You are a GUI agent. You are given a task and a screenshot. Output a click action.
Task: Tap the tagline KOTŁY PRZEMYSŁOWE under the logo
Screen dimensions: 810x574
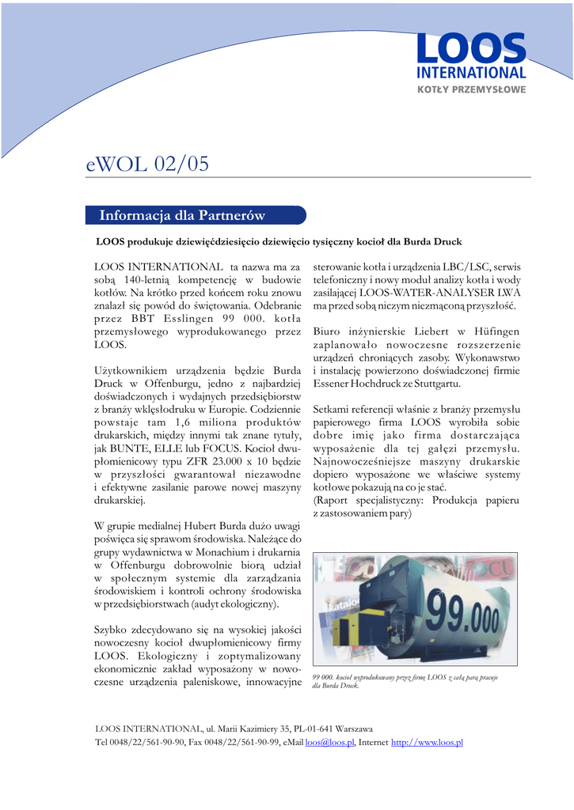(x=471, y=89)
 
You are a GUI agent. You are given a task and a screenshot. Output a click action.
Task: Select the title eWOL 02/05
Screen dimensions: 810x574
(x=148, y=164)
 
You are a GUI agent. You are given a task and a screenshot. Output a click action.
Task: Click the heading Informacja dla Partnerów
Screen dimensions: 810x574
(x=181, y=215)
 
